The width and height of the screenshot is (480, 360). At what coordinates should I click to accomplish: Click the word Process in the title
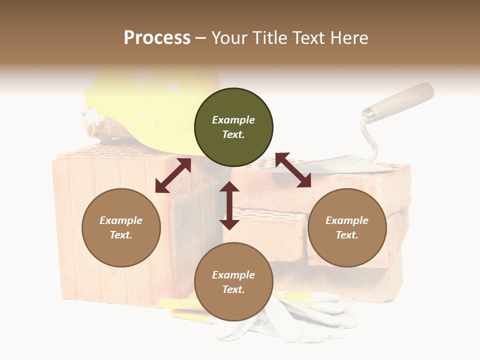[157, 38]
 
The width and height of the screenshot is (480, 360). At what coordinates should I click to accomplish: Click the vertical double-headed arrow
[229, 205]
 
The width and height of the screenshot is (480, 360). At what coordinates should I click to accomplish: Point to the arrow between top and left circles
[173, 175]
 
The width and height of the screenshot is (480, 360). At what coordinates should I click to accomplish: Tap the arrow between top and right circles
[293, 170]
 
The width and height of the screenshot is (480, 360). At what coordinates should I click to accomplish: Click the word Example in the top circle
[233, 120]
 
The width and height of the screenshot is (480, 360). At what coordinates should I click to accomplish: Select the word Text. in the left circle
[121, 235]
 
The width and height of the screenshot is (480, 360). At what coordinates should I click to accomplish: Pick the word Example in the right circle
[347, 220]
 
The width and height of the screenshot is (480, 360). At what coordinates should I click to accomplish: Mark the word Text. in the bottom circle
[233, 289]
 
